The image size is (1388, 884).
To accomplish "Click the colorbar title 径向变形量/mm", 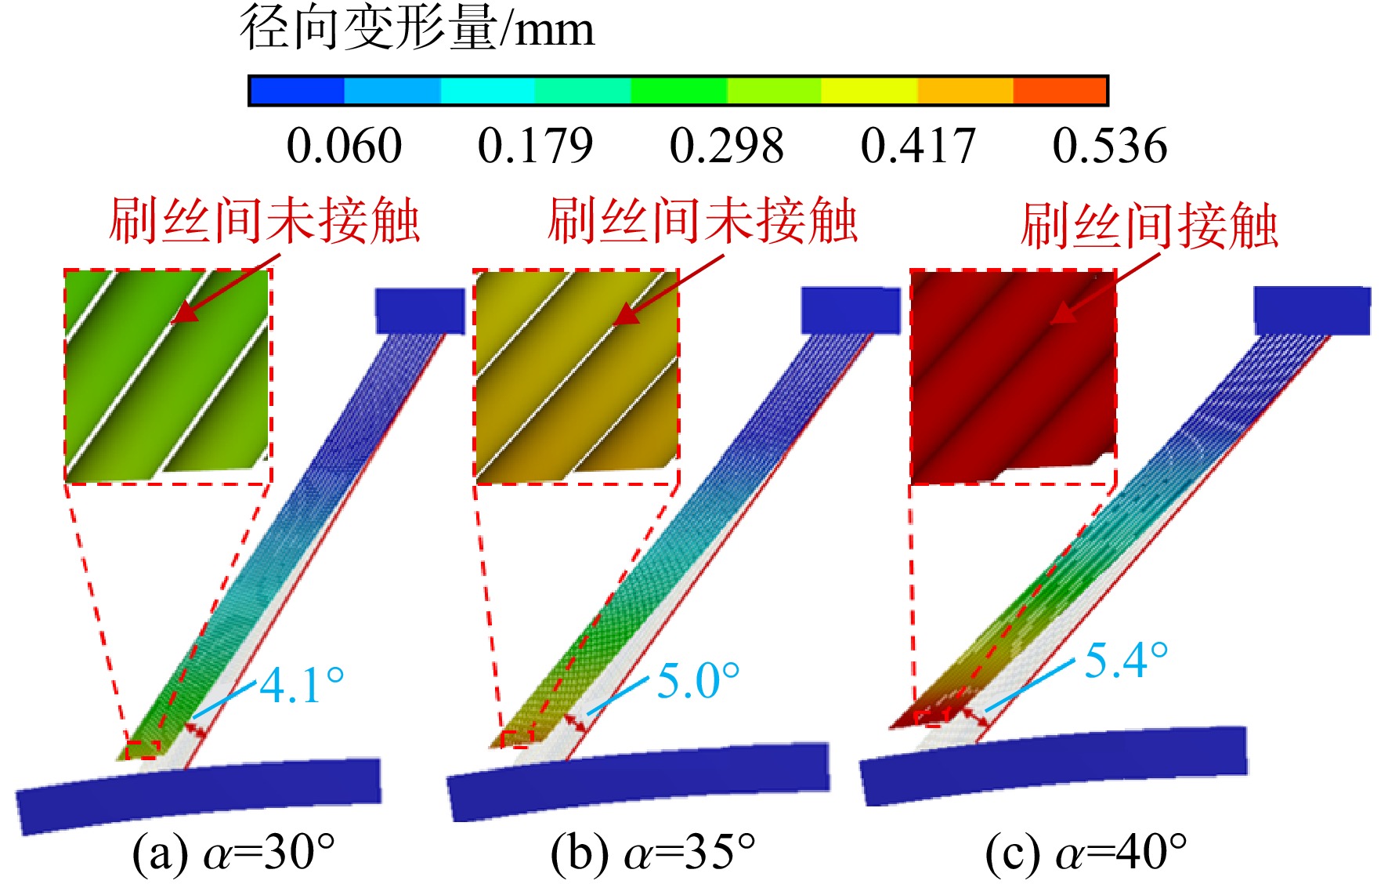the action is [x=417, y=28].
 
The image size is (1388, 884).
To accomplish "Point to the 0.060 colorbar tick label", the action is [x=344, y=146].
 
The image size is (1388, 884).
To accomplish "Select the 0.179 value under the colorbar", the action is [x=535, y=146].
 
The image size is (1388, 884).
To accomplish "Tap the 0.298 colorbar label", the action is [x=727, y=146].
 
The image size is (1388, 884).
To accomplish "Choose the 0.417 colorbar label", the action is [x=918, y=146].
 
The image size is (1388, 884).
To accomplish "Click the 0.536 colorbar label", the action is [x=1110, y=146].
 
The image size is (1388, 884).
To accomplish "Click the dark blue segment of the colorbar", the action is [x=297, y=91].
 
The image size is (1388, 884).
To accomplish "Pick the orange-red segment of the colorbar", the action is [x=1059, y=91].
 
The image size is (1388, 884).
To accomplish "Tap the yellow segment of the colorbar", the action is [x=869, y=91].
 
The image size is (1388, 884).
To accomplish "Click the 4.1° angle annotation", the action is [x=302, y=685].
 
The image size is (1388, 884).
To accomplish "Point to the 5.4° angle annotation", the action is [x=1126, y=659].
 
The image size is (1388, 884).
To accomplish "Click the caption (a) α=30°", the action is [x=233, y=853].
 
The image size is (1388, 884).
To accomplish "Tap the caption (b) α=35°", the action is [x=653, y=853].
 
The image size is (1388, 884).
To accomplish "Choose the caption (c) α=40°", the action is [x=1086, y=853].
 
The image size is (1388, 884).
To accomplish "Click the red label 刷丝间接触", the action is [x=1149, y=226].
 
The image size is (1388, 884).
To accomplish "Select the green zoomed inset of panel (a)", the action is [x=168, y=376].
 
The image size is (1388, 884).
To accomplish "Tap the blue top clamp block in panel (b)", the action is [x=851, y=310].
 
